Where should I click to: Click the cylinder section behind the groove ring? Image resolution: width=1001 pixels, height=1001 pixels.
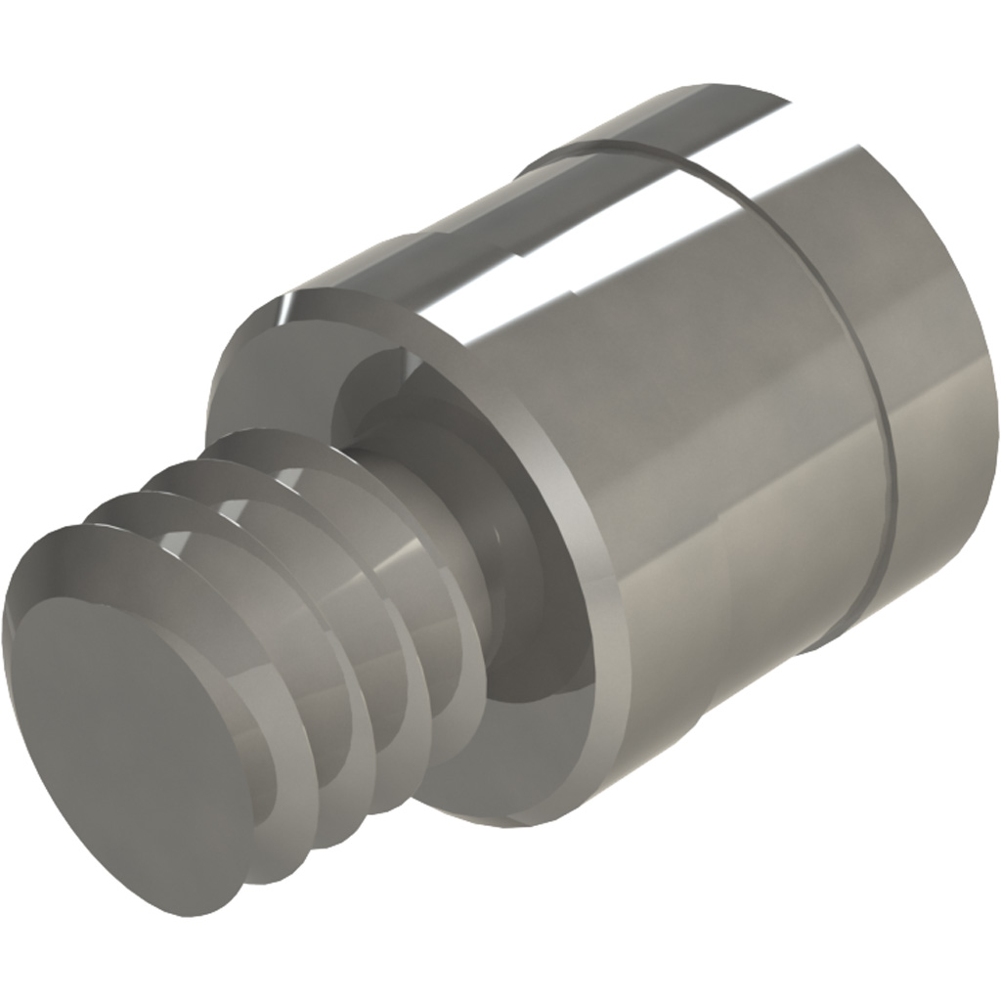tap(938, 391)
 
